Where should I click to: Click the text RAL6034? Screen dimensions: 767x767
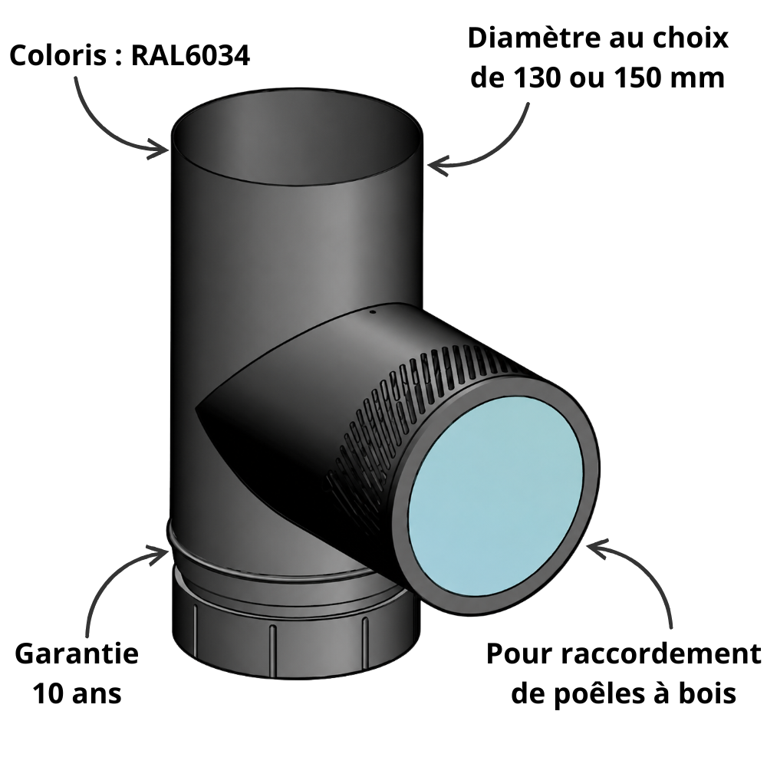(191, 55)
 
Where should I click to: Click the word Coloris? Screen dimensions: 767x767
(58, 55)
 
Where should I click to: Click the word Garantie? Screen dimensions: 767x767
(77, 653)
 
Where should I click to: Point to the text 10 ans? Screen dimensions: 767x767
(77, 693)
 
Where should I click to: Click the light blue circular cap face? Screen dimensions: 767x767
(495, 496)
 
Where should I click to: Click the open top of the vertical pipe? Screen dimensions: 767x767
(298, 137)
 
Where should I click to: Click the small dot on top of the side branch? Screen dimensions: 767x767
(372, 311)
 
